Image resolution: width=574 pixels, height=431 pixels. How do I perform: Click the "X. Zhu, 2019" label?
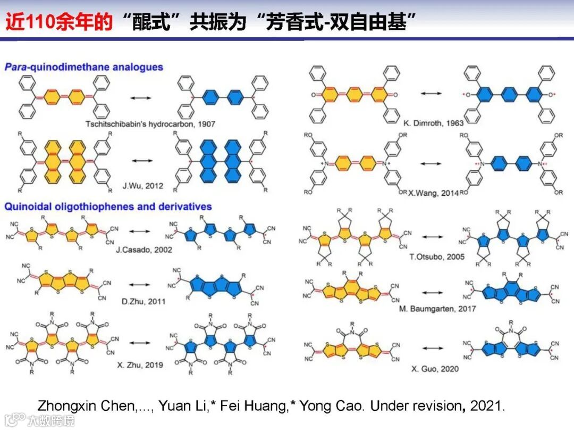[x=140, y=365]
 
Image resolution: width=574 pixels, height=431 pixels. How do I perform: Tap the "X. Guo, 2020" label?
[x=434, y=368]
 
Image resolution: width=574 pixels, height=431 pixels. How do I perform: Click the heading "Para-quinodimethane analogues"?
[x=84, y=67]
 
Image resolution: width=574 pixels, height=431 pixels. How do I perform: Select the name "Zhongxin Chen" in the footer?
[x=86, y=405]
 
